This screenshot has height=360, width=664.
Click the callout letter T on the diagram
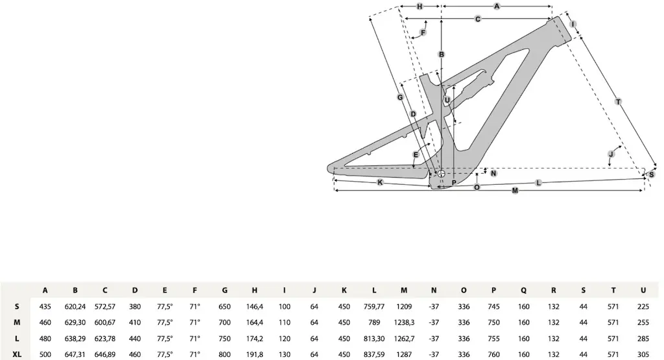[x=618, y=102]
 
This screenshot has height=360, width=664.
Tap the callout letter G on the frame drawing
[x=400, y=97]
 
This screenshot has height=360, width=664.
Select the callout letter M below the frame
[x=515, y=191]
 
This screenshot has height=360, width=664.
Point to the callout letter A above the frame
[x=497, y=6]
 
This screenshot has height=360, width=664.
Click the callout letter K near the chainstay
[x=380, y=182]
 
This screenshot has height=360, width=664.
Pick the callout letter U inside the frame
[x=447, y=100]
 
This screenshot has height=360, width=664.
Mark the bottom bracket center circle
[x=441, y=174]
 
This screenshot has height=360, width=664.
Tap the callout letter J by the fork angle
[x=611, y=154]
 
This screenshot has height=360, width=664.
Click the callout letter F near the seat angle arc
[x=423, y=32]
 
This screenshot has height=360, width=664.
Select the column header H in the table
[x=254, y=290]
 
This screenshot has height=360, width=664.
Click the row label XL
[x=17, y=355]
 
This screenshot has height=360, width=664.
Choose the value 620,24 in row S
[x=75, y=307]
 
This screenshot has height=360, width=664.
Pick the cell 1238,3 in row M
[x=404, y=323]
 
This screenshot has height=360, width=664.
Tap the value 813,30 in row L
[x=374, y=339]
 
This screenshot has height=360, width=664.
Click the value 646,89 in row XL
[x=105, y=355]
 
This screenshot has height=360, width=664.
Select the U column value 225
[x=643, y=307]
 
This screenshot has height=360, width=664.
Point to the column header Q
[x=523, y=290]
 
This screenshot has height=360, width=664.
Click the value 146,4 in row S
[x=254, y=307]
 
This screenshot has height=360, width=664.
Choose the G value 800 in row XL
[x=224, y=355]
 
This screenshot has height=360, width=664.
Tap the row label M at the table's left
[x=17, y=323]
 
